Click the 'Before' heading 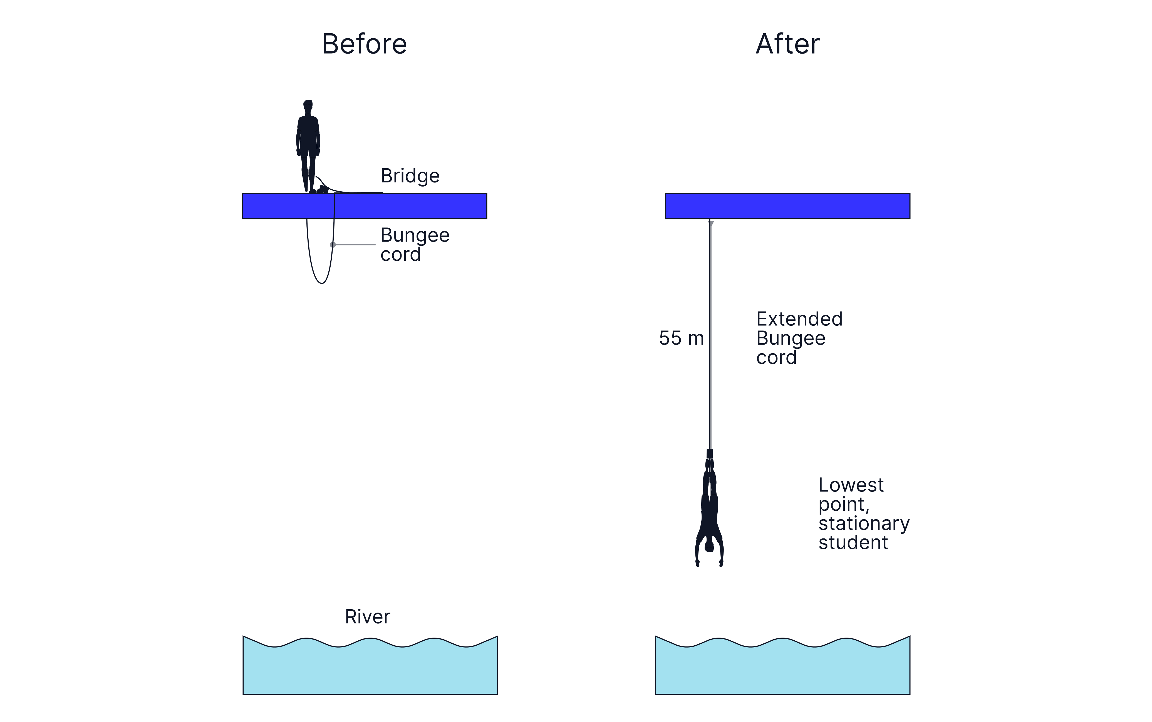tap(364, 44)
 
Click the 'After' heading tap(787, 44)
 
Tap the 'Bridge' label tap(410, 176)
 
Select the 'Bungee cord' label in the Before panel tap(414, 244)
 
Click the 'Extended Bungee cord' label tap(799, 338)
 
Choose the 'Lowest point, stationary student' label tap(863, 514)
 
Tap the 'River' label tap(367, 616)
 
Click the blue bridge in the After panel tap(787, 206)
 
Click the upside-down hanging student tap(709, 511)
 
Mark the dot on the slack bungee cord tap(333, 244)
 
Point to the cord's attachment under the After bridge tap(710, 222)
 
